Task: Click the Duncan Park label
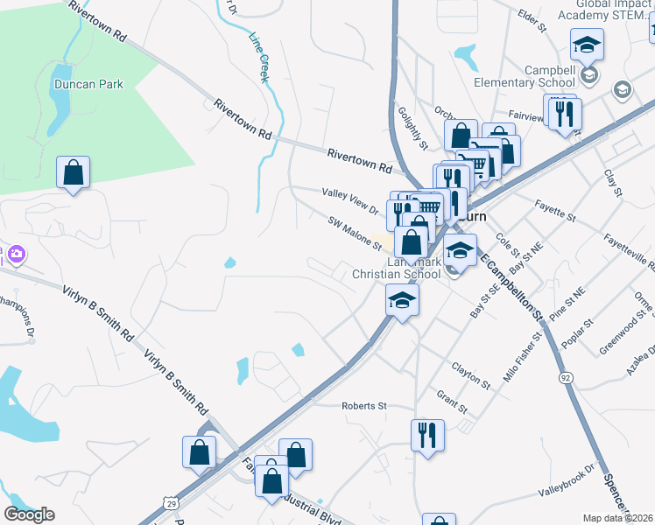(88, 85)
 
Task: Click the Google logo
(29, 514)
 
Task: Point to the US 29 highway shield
(170, 500)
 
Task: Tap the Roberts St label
(363, 406)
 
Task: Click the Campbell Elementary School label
(550, 76)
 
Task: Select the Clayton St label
(471, 376)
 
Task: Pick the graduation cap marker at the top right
(587, 45)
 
